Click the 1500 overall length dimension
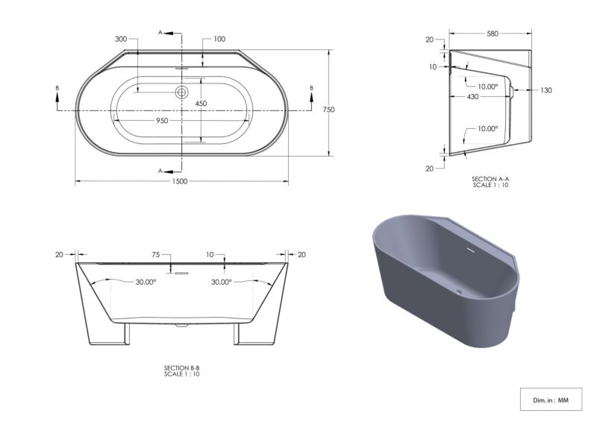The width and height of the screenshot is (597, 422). click(180, 181)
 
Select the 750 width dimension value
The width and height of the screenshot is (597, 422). click(328, 110)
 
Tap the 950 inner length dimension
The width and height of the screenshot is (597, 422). click(162, 121)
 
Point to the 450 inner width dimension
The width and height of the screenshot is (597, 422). click(201, 104)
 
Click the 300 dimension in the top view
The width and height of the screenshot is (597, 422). click(121, 39)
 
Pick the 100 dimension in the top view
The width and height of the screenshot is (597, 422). click(219, 39)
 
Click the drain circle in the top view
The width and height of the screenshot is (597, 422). click(181, 92)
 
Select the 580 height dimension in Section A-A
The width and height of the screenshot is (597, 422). click(493, 34)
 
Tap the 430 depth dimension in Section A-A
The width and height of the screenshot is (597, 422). click(472, 97)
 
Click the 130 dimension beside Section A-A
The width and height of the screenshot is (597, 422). click(546, 90)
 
